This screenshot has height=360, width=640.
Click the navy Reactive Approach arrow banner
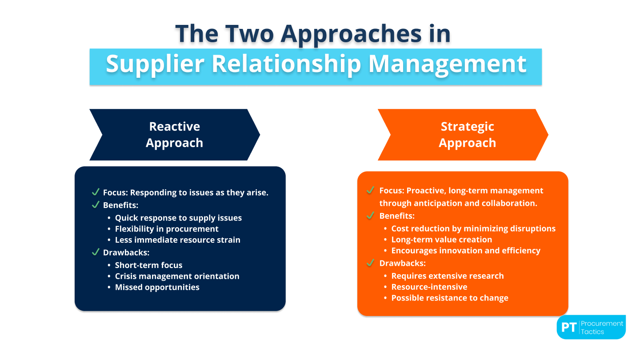coord(175,135)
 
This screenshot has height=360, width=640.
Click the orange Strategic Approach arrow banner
coord(463,135)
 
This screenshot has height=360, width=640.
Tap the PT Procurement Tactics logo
coord(591,328)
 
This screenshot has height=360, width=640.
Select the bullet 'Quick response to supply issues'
coord(178,218)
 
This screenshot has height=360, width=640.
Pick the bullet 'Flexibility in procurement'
coord(167,229)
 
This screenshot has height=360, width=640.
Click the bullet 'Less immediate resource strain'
coord(177,240)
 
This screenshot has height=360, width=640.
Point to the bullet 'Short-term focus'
coord(148,265)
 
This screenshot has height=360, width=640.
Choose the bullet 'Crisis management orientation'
coord(177,276)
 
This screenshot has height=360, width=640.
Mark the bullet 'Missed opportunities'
coord(157,287)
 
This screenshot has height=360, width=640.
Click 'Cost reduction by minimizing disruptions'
coord(473,228)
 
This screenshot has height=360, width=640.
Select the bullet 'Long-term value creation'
coord(441,240)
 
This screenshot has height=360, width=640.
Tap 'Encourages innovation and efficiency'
coord(466,251)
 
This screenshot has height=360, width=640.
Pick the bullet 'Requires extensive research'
coord(448,276)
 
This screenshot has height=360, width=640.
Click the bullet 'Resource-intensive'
coord(429,287)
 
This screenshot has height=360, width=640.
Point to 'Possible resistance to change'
coord(450,298)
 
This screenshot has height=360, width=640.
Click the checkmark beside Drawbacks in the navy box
coord(95,252)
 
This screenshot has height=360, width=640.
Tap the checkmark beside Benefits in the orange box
coord(370,216)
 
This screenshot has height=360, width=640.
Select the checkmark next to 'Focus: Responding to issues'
coord(95,192)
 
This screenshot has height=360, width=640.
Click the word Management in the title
coord(448,64)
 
